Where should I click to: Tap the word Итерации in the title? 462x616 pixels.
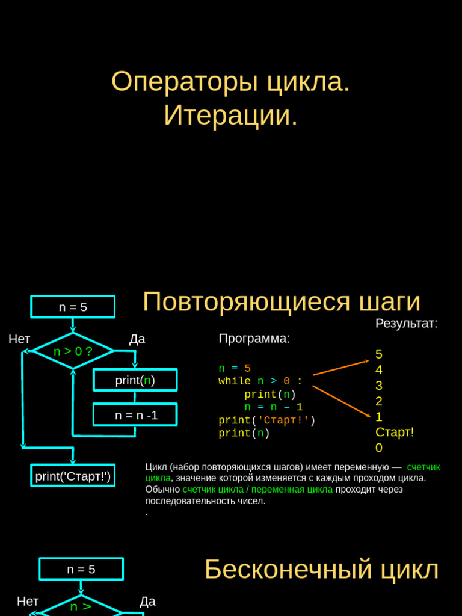(229, 115)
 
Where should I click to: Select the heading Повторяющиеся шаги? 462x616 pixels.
(281, 301)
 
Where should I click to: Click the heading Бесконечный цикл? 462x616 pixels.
(321, 569)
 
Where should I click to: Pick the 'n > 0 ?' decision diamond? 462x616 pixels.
(73, 351)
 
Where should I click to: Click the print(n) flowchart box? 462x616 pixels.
(135, 380)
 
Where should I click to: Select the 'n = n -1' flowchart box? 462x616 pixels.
(135, 414)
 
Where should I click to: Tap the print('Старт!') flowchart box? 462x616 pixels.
(73, 476)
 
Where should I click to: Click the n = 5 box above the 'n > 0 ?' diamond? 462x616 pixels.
(73, 307)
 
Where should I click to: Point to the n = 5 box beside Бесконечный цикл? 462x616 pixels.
(81, 569)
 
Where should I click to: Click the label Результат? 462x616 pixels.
(406, 324)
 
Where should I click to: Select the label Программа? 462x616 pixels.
(254, 339)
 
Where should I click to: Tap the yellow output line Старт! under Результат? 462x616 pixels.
(395, 432)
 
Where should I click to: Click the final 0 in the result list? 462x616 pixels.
(378, 448)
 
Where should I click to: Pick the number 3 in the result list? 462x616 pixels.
(378, 386)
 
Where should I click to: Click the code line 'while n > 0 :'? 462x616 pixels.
(260, 381)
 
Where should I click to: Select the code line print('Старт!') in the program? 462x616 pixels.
(266, 420)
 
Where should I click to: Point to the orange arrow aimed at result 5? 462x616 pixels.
(340, 368)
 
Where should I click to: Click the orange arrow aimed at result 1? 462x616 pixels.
(340, 401)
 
